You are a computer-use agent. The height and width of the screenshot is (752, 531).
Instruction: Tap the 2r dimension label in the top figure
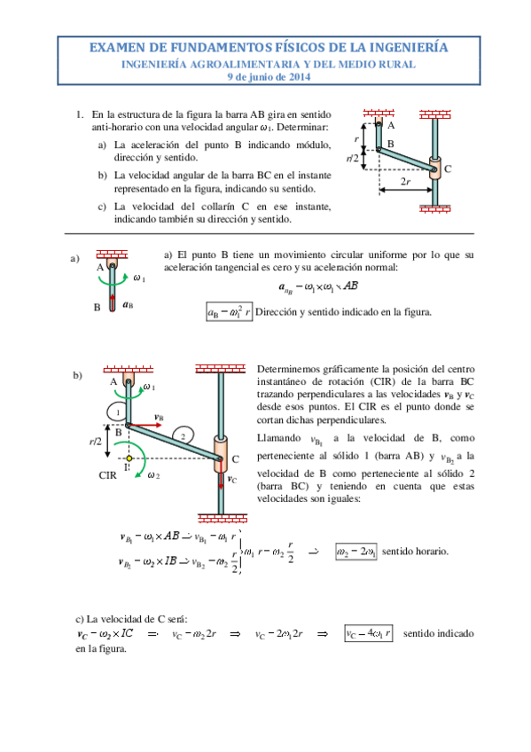click(404, 183)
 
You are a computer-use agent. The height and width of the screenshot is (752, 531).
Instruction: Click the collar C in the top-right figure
click(434, 168)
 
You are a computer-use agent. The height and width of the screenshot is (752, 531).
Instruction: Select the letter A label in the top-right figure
click(391, 126)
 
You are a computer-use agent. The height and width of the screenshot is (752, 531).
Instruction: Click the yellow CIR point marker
click(129, 458)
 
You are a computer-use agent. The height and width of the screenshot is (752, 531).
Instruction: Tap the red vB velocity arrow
click(144, 426)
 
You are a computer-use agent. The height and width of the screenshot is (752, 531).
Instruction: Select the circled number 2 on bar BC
click(181, 436)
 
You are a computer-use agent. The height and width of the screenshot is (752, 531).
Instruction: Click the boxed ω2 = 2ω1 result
click(355, 551)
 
